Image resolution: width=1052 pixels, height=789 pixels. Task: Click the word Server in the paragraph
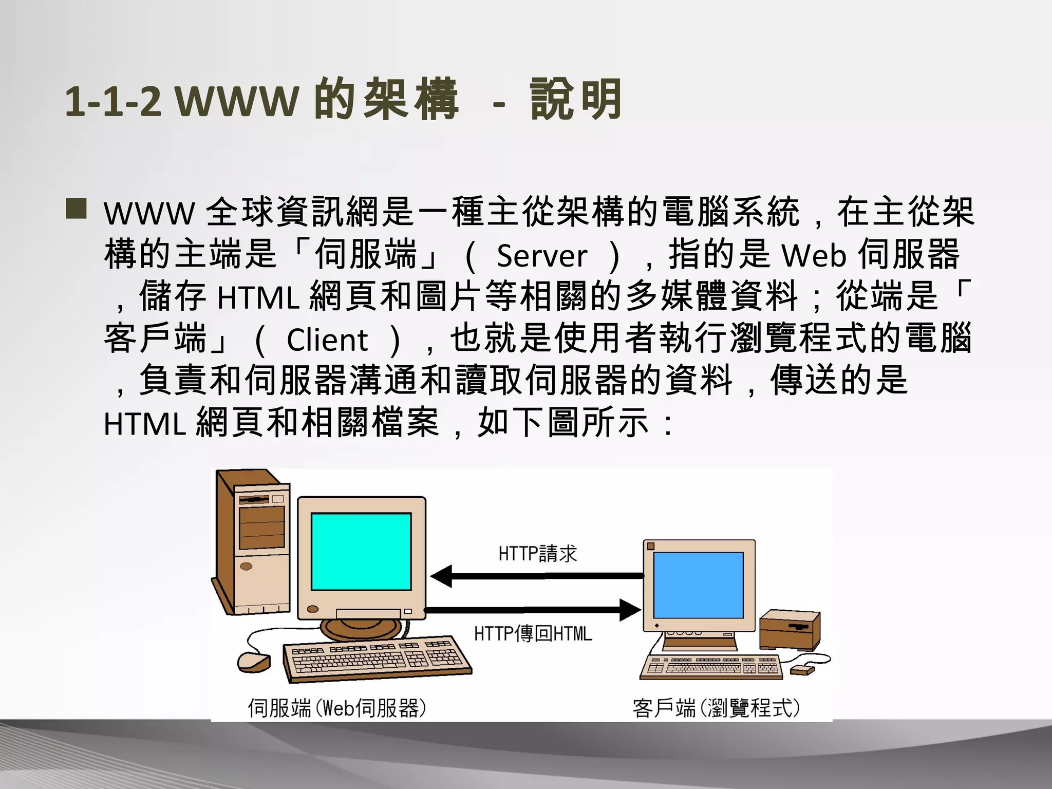pos(541,255)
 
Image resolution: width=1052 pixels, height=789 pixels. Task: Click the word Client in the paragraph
pos(327,340)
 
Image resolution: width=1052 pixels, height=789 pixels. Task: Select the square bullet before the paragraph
pos(76,210)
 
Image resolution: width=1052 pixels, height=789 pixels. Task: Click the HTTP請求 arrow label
pos(537,554)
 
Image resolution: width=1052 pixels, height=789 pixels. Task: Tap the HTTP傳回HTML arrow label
pos(533,634)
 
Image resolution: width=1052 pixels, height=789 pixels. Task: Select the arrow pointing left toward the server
pos(537,576)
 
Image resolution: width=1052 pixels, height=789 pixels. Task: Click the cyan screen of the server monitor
pos(361,551)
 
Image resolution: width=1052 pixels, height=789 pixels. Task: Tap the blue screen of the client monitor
pos(698,585)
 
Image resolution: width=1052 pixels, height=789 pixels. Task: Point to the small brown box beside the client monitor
pos(790,630)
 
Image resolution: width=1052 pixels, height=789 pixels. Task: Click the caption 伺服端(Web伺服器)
pos(337,708)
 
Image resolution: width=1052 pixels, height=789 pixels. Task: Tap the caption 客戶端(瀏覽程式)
pos(716,708)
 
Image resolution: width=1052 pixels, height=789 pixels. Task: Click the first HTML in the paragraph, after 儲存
pos(258,298)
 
